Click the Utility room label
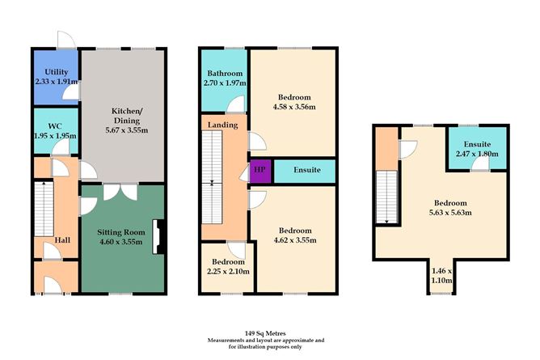(55, 72)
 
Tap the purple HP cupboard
(259, 171)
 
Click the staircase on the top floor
(387, 197)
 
